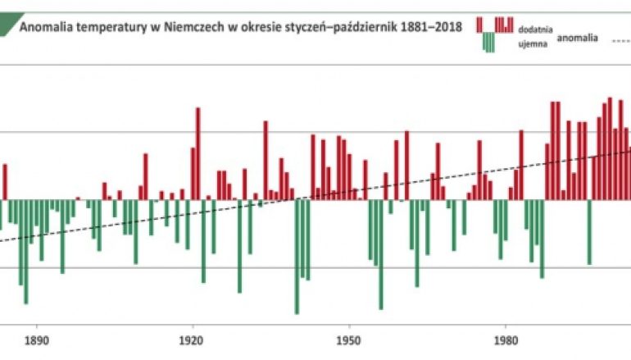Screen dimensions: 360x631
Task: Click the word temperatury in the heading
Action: pyautogui.click(x=113, y=26)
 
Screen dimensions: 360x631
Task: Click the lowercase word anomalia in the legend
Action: pyautogui.click(x=579, y=38)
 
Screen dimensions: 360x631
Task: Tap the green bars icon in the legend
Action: pyautogui.click(x=488, y=43)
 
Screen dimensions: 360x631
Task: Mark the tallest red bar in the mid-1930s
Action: pyautogui.click(x=266, y=160)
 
